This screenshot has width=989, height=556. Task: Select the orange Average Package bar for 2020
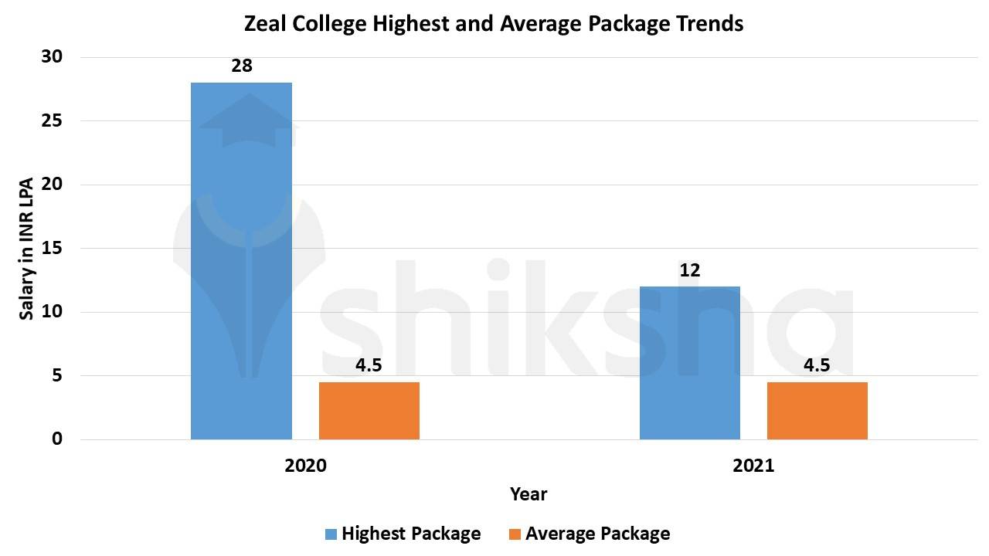[x=369, y=411]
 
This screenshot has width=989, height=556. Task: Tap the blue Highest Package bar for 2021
[x=689, y=363]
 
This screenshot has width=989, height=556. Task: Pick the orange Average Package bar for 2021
[x=817, y=411]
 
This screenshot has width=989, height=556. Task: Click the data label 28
[x=242, y=66]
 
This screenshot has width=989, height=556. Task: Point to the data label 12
[x=689, y=270]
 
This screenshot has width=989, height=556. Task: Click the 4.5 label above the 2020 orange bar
[x=369, y=365]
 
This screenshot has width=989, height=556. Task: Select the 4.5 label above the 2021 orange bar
[x=817, y=365]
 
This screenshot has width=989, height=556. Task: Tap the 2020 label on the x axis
[x=305, y=466]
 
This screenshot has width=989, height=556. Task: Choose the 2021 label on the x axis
[x=753, y=466]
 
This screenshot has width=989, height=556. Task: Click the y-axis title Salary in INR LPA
[x=25, y=248]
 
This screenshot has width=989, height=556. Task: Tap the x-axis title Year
[x=528, y=494]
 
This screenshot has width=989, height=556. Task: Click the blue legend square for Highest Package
[x=331, y=534]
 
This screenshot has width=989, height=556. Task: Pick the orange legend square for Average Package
[x=515, y=534]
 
